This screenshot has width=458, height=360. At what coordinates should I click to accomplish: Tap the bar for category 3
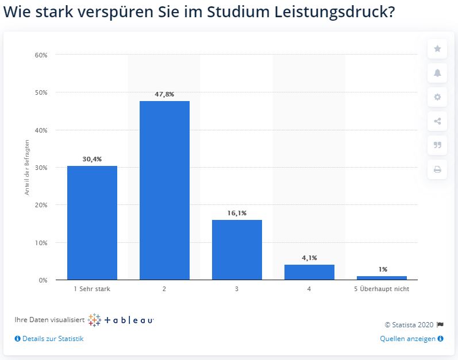(237, 250)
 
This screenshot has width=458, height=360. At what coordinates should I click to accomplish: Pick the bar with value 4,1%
(309, 272)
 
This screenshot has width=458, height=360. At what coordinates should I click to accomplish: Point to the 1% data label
(382, 269)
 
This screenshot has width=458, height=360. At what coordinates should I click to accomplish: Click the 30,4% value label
(92, 158)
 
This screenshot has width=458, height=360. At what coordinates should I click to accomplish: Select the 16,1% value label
(237, 213)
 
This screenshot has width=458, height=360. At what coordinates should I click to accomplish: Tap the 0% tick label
(43, 280)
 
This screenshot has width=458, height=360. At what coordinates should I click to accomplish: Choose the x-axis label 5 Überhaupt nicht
(382, 289)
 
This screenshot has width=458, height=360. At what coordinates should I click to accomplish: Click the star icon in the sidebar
(437, 49)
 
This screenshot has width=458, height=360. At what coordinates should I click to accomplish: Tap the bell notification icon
(437, 73)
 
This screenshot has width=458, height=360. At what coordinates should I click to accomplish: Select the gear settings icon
(437, 97)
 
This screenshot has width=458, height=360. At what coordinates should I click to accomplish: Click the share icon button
(437, 121)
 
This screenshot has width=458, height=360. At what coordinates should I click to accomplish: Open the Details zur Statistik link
(52, 339)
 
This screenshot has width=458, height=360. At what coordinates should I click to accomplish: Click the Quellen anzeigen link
(408, 339)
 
